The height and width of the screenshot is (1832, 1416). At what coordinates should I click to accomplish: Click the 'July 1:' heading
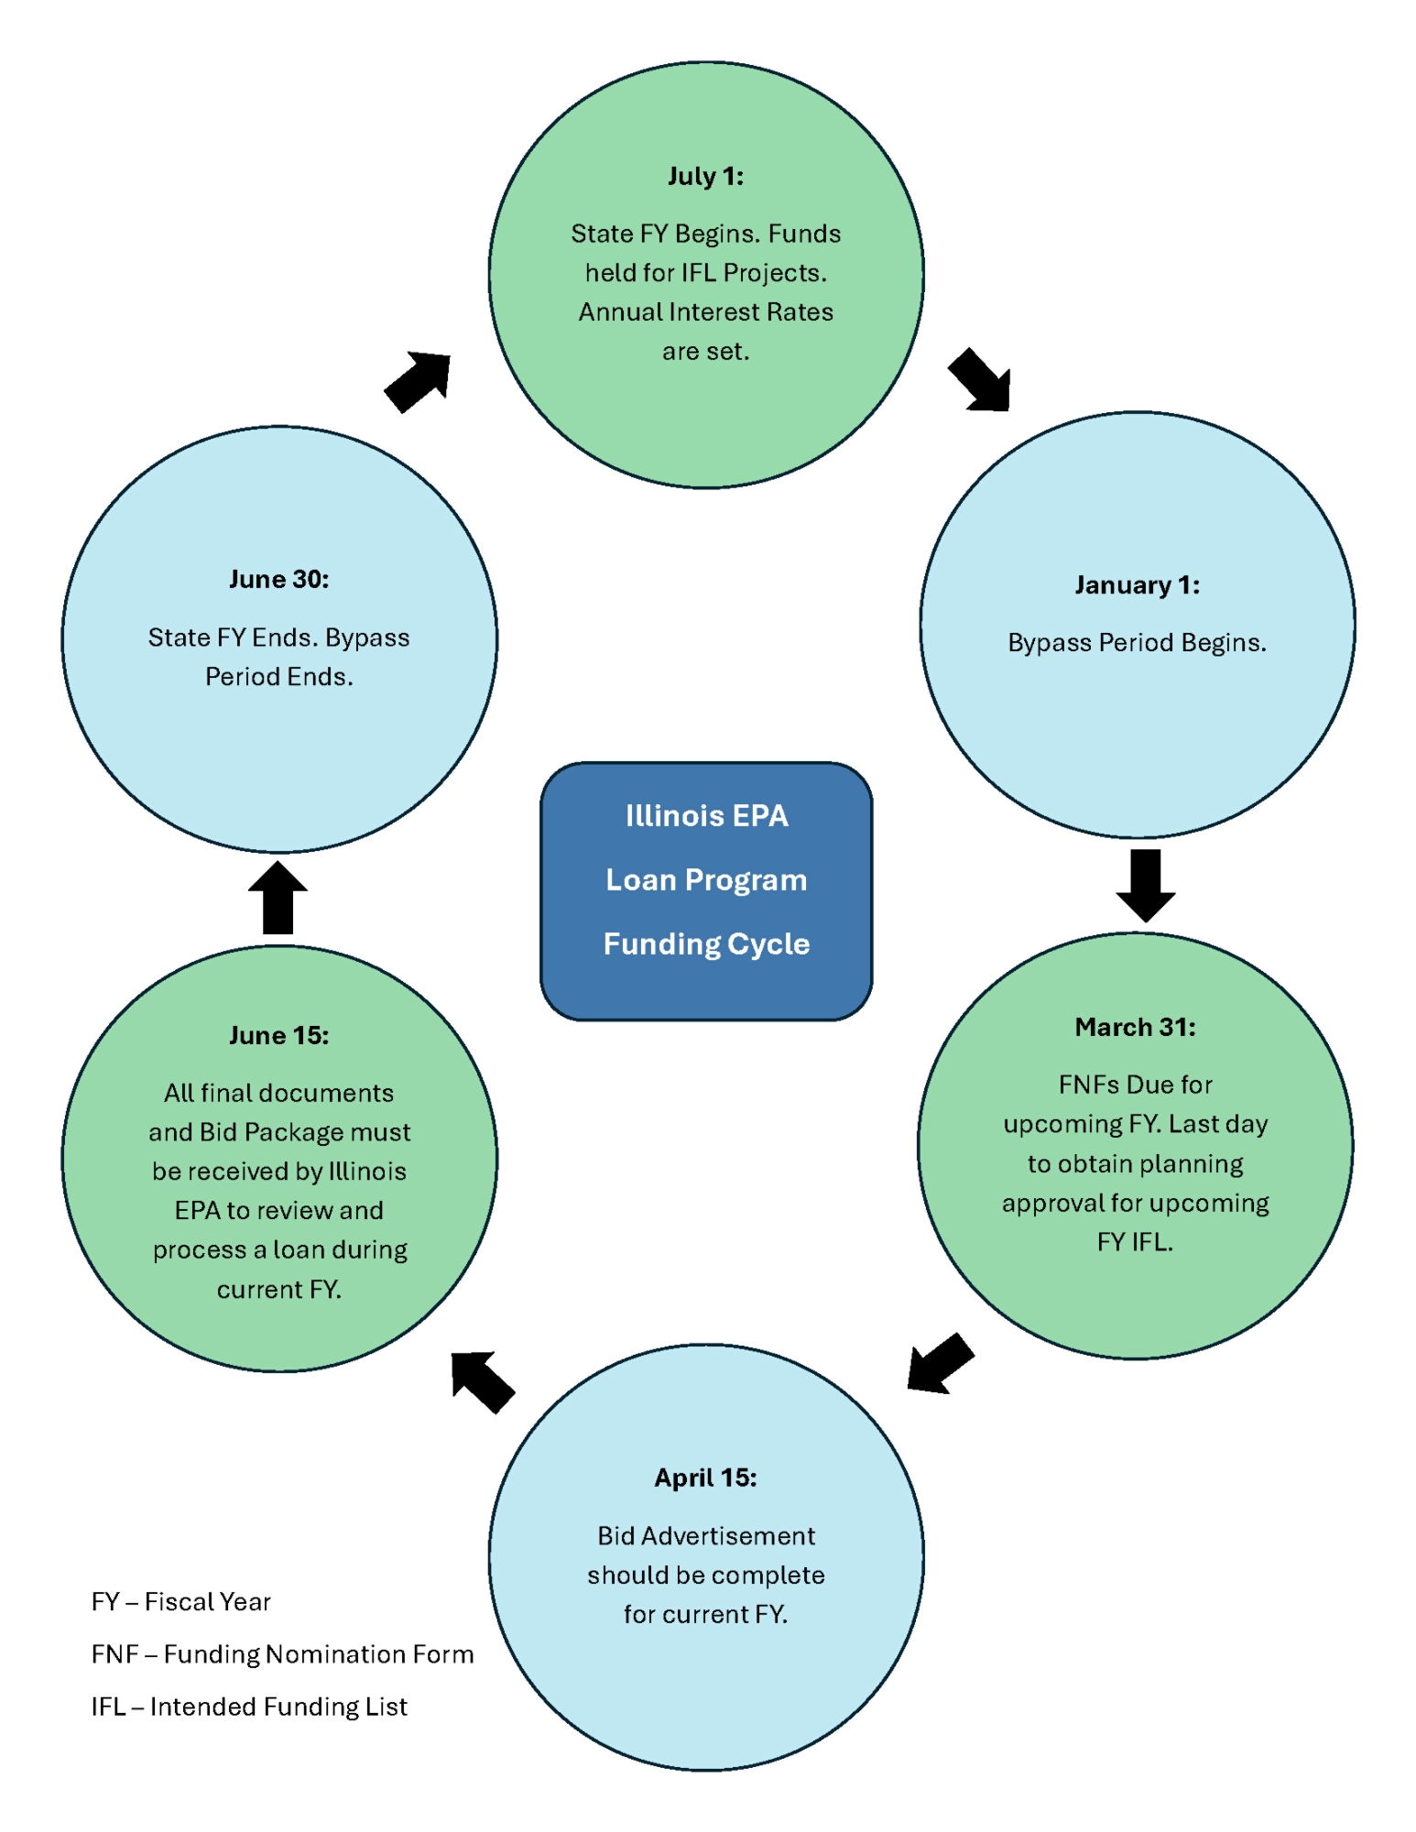705,176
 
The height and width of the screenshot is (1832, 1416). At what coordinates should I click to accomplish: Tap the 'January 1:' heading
1137,584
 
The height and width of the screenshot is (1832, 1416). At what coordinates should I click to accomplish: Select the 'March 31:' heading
1135,1027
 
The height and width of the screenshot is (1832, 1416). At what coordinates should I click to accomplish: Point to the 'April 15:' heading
705,1478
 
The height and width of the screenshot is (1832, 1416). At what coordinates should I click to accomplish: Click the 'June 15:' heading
278,1035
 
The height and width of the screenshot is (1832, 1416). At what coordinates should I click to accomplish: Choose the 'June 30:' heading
278,579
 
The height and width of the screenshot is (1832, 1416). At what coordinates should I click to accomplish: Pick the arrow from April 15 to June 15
482,1381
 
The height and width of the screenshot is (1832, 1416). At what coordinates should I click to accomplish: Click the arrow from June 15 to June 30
278,898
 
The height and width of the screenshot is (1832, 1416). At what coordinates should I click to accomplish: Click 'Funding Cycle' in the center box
706,943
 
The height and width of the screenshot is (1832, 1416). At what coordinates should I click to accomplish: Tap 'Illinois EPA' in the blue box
706,815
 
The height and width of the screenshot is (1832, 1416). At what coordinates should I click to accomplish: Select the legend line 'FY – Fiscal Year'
180,1601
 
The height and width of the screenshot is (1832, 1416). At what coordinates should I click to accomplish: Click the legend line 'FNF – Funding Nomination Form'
282,1653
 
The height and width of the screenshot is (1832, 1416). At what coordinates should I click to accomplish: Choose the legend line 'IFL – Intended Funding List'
249,1707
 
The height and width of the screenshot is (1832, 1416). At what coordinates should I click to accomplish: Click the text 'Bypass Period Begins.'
1137,642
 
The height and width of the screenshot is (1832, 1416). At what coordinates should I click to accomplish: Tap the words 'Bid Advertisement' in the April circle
705,1535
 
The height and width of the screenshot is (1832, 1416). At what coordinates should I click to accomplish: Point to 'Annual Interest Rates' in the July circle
705,311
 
